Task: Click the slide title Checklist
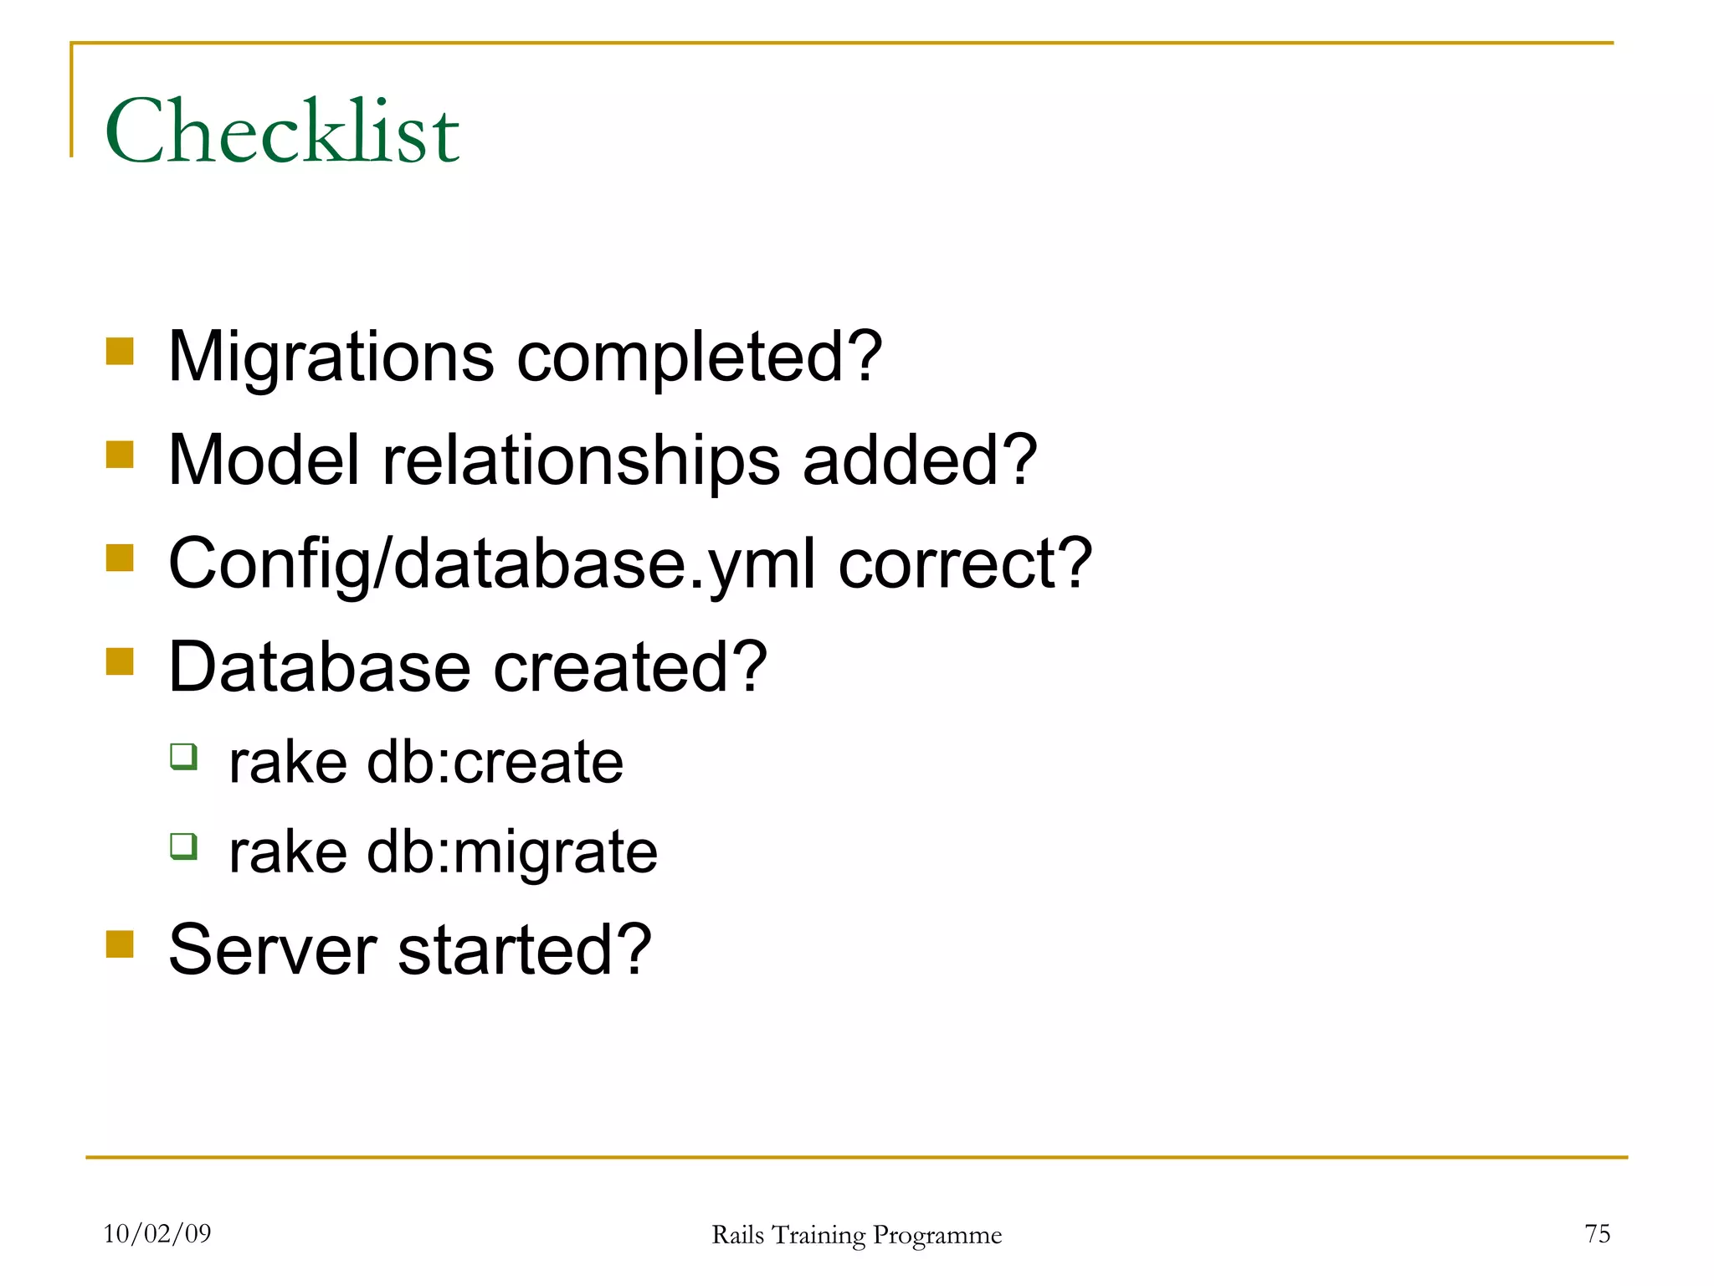point(282,131)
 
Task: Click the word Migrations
point(331,358)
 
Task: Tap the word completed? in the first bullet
point(700,358)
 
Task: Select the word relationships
point(581,460)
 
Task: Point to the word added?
point(920,460)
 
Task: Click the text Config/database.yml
point(492,564)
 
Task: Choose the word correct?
point(965,564)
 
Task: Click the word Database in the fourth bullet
point(320,667)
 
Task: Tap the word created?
point(630,667)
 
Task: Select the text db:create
point(495,763)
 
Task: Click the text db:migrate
point(512,852)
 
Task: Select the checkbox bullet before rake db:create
point(183,756)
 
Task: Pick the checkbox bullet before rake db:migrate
point(183,846)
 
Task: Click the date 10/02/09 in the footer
point(157,1233)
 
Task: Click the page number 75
point(1597,1233)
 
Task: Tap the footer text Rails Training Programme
point(856,1235)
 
